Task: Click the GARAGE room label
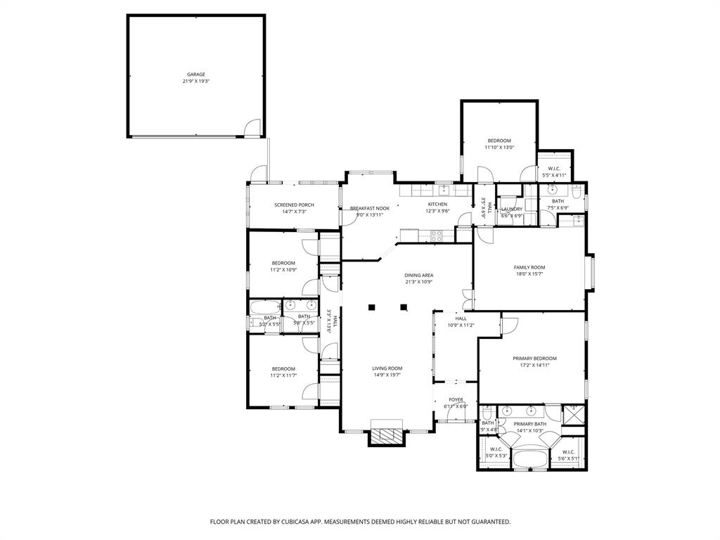tap(196, 75)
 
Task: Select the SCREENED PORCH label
tap(294, 205)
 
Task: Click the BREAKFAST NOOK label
tap(370, 208)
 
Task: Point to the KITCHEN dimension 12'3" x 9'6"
tap(437, 211)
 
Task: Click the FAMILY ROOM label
tap(529, 267)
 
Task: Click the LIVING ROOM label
tap(387, 368)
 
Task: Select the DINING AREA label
tap(418, 275)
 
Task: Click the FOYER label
tap(456, 399)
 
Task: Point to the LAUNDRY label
tap(511, 209)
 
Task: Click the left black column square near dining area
tap(372, 307)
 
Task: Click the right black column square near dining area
tap(404, 307)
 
